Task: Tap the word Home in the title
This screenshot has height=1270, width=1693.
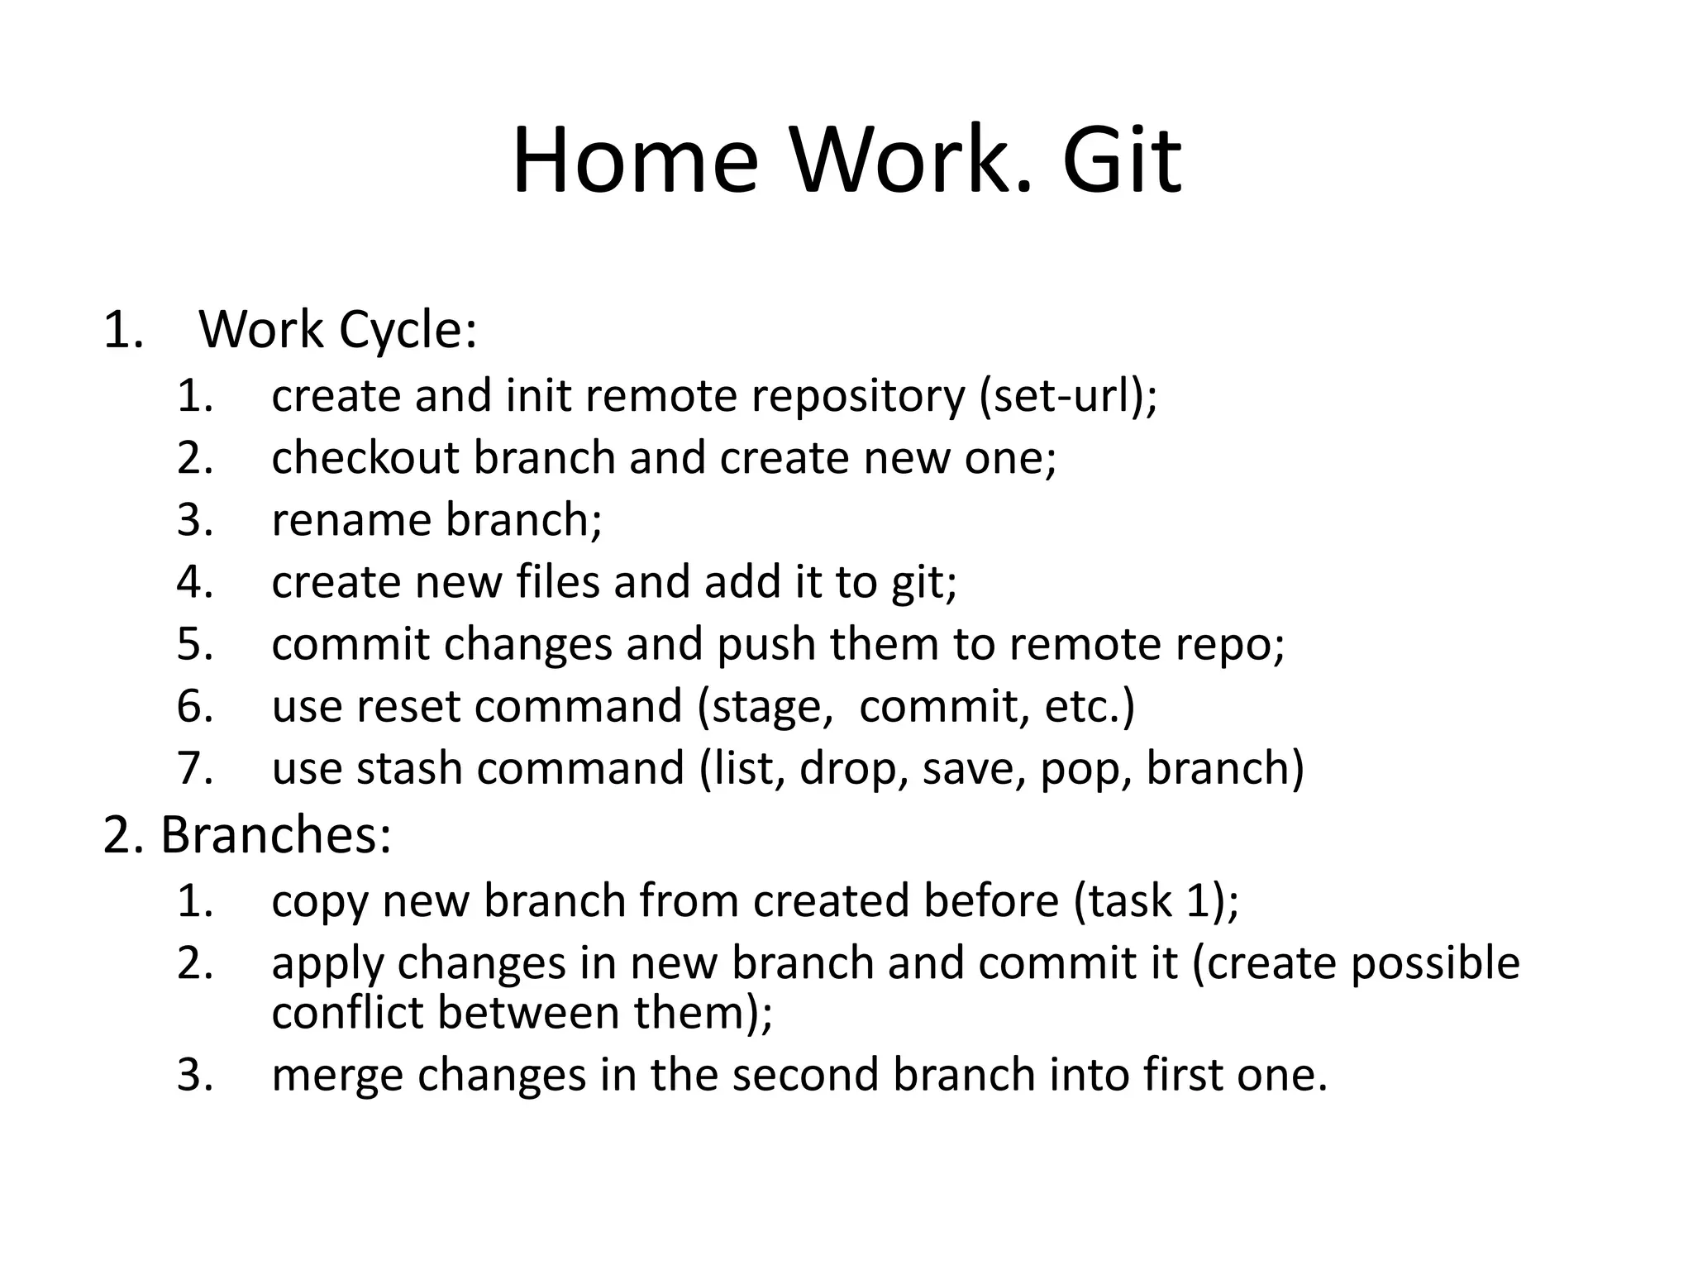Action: coord(635,160)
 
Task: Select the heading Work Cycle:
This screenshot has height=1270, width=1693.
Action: coord(337,330)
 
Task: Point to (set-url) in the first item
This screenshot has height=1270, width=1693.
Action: coord(1066,395)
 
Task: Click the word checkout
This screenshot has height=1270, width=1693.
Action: coord(365,457)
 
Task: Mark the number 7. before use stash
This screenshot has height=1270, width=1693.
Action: coord(196,768)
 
